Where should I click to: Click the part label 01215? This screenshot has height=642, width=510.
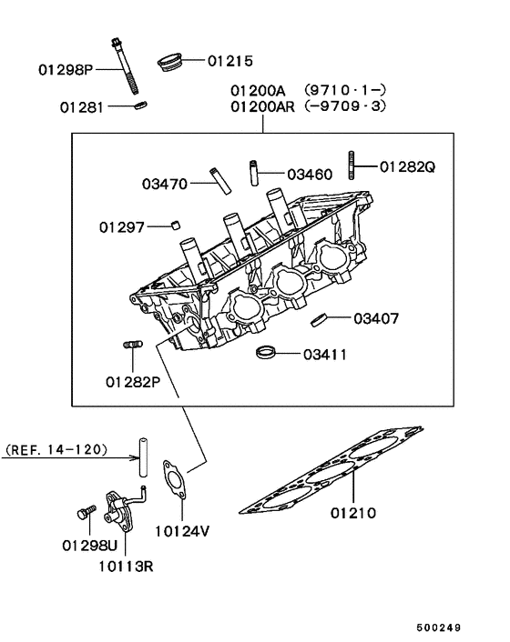click(x=230, y=61)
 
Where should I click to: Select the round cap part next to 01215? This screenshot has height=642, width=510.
click(x=170, y=62)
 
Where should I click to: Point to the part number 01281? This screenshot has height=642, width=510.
click(x=82, y=107)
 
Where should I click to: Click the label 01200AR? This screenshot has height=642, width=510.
click(x=262, y=107)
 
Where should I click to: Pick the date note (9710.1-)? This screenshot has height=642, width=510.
click(x=345, y=90)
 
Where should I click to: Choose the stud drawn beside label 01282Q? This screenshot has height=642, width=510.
click(x=352, y=165)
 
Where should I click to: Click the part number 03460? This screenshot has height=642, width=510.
click(x=310, y=175)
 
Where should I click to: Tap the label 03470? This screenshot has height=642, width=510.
click(x=165, y=184)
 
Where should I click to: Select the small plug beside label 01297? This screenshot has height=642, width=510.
click(x=176, y=225)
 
